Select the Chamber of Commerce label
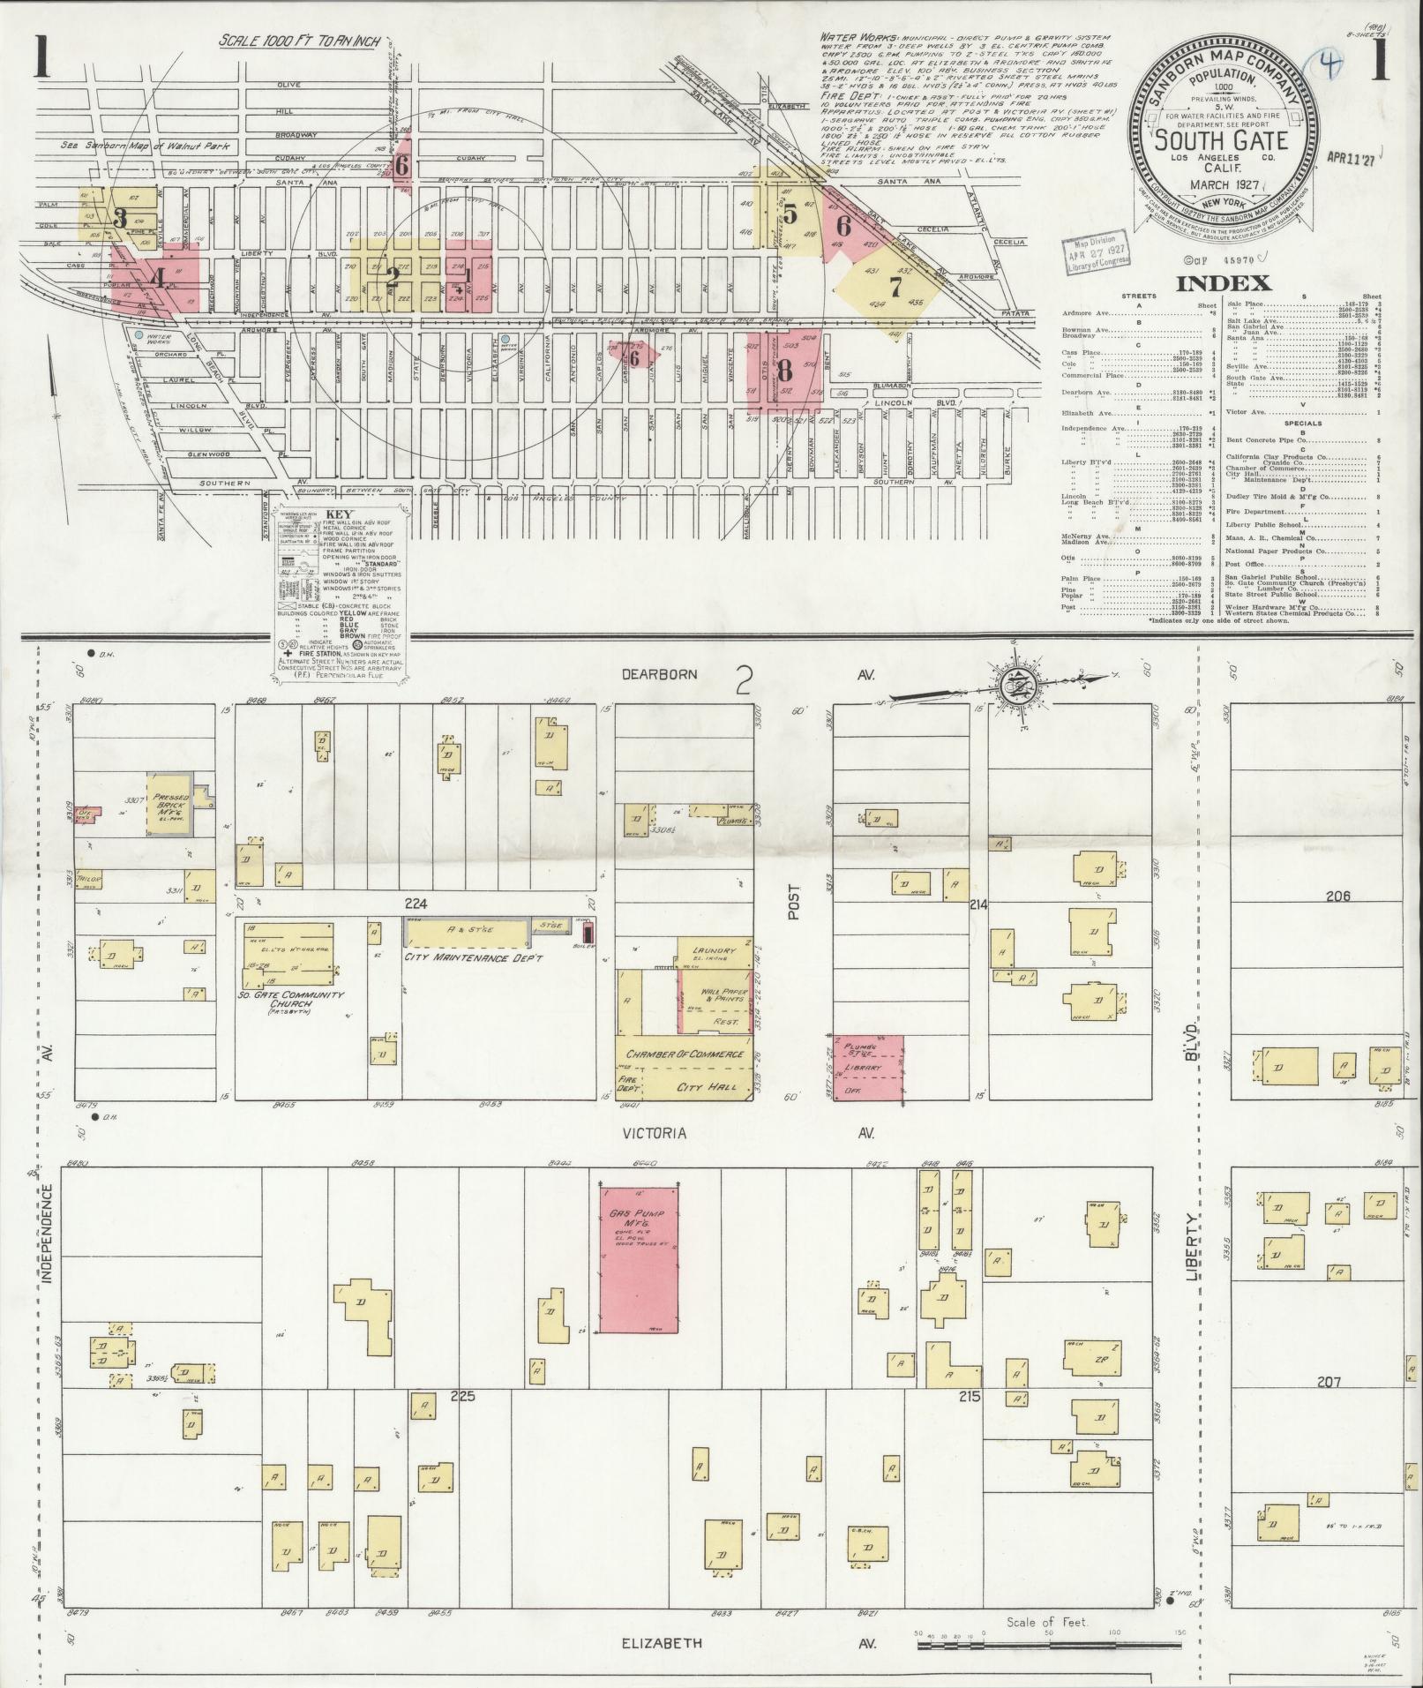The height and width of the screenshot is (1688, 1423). [x=685, y=1054]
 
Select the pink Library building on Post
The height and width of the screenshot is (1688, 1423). [x=869, y=1069]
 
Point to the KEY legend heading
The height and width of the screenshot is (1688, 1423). [x=338, y=515]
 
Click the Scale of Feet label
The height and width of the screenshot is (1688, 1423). [x=1047, y=1622]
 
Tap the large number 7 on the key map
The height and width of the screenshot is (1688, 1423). [x=895, y=287]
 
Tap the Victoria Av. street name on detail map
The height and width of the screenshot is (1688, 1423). [x=654, y=1132]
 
